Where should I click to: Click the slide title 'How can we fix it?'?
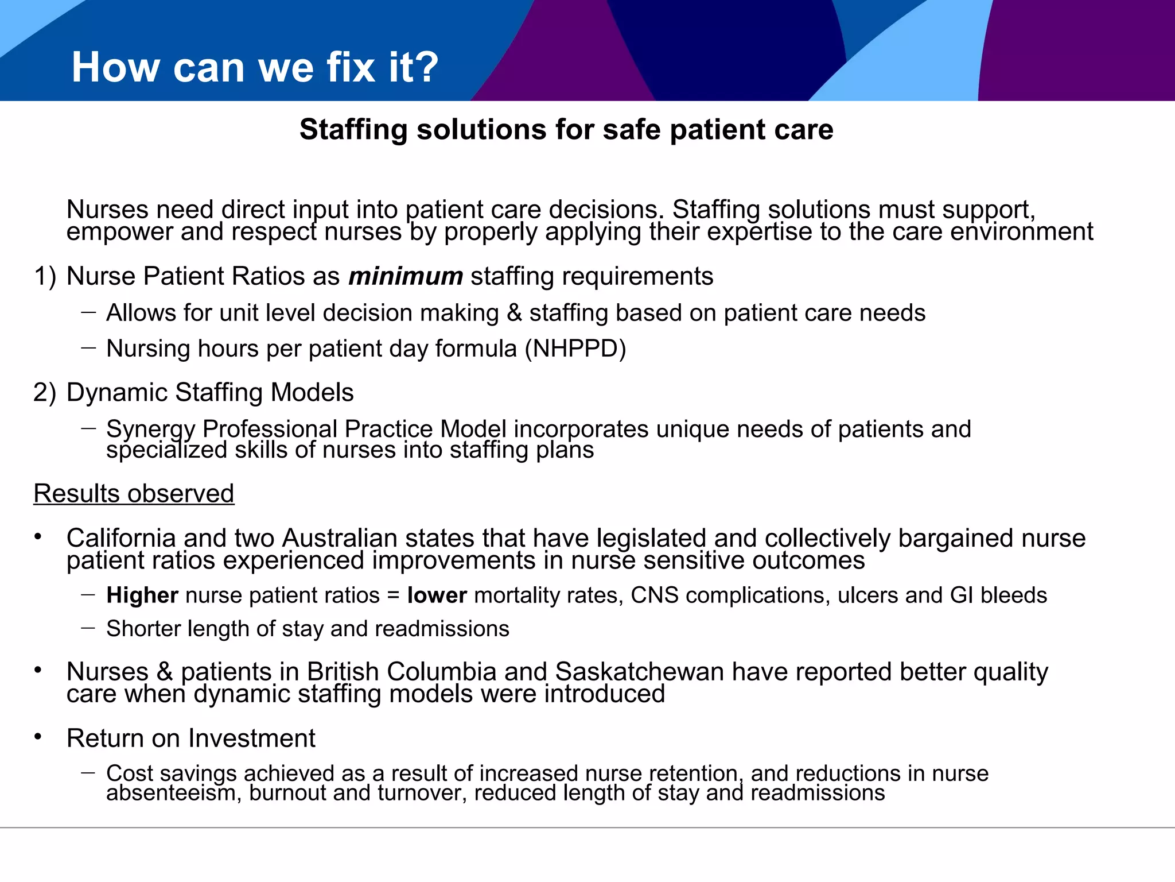coord(255,67)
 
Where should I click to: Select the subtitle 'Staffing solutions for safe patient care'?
coord(566,129)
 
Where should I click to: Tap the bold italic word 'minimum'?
coord(405,276)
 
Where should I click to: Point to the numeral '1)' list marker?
coord(45,276)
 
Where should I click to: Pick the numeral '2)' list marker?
coord(45,393)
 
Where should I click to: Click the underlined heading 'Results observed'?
coord(134,494)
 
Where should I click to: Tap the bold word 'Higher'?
coord(142,595)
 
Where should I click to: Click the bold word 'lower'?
coord(437,595)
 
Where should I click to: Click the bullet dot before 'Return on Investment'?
coord(38,737)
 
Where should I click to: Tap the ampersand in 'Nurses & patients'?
coord(165,672)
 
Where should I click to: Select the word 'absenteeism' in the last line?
coord(173,793)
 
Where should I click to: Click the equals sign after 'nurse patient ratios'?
coord(393,595)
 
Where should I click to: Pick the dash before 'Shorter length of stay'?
coord(88,628)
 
